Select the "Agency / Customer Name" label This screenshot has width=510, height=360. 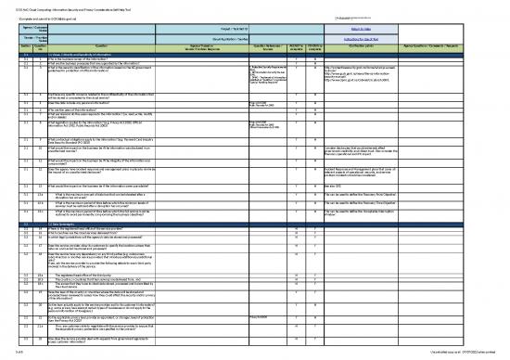click(18, 29)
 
